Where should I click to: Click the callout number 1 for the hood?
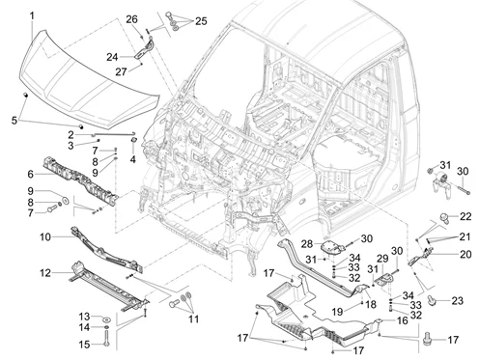pyautogui.click(x=32, y=15)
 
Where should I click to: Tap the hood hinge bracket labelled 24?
pyautogui.click(x=144, y=50)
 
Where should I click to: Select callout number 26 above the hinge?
pyautogui.click(x=131, y=19)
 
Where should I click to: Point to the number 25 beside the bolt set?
pyautogui.click(x=201, y=21)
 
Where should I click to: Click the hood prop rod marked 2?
pyautogui.click(x=113, y=134)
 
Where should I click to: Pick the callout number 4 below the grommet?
pyautogui.click(x=133, y=159)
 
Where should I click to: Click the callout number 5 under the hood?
pyautogui.click(x=14, y=121)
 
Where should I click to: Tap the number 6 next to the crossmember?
pyautogui.click(x=30, y=174)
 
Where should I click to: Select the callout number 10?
pyautogui.click(x=45, y=237)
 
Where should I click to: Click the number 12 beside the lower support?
pyautogui.click(x=45, y=273)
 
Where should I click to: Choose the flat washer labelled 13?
pyautogui.click(x=106, y=319)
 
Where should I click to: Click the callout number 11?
pyautogui.click(x=193, y=319)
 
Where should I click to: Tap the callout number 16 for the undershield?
pyautogui.click(x=403, y=320)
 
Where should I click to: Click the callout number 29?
pyautogui.click(x=382, y=258)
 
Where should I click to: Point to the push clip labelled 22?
pyautogui.click(x=444, y=218)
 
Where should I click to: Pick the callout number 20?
pyautogui.click(x=465, y=254)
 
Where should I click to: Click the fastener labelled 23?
pyautogui.click(x=432, y=300)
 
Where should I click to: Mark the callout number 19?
pyautogui.click(x=338, y=312)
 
